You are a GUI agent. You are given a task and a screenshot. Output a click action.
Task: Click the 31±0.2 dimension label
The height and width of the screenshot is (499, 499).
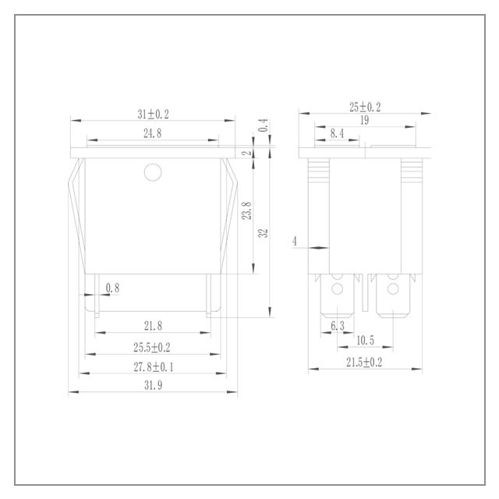click(153, 115)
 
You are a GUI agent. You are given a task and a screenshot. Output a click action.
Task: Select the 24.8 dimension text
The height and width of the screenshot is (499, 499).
click(153, 133)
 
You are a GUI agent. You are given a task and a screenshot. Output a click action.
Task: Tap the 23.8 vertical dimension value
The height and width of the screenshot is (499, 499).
click(247, 211)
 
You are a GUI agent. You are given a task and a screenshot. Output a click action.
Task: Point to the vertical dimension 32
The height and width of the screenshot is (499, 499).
click(264, 233)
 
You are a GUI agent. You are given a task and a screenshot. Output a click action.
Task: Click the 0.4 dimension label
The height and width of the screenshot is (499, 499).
click(264, 125)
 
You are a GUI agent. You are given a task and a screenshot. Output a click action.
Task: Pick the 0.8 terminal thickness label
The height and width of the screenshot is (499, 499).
click(112, 288)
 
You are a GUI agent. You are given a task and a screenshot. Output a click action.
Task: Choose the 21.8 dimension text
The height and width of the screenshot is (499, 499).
click(153, 326)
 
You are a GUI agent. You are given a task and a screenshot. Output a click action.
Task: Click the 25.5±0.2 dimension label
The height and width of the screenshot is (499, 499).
click(152, 347)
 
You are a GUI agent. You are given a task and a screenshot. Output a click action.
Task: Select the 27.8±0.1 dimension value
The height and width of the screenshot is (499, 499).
click(154, 367)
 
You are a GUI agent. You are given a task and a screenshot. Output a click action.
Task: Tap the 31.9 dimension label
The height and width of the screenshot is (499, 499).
click(154, 385)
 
